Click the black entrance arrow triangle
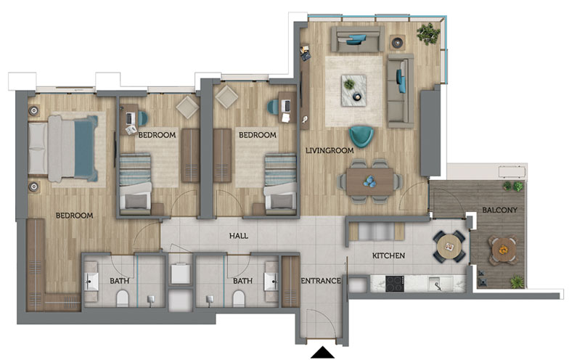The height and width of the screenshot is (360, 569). (322, 353)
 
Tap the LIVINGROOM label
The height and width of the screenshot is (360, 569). (329, 150)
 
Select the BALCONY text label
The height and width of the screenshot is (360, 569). (499, 210)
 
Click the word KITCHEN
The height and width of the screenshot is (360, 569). (388, 255)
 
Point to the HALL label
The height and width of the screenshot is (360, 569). (239, 236)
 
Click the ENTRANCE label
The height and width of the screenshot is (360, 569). (321, 281)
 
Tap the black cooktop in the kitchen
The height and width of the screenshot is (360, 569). (395, 284)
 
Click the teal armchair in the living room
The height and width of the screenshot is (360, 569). (361, 136)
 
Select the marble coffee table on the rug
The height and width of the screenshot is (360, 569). (353, 90)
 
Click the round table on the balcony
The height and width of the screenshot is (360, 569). (502, 250)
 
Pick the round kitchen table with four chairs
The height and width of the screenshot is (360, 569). (449, 247)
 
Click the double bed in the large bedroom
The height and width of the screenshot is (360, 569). (62, 148)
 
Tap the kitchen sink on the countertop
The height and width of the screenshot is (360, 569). (440, 283)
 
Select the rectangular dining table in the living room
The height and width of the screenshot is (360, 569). (370, 181)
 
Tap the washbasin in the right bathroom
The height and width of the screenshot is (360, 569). (271, 282)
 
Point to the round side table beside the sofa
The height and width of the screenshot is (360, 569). (398, 42)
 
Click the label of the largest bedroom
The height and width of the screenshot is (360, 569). (74, 216)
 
